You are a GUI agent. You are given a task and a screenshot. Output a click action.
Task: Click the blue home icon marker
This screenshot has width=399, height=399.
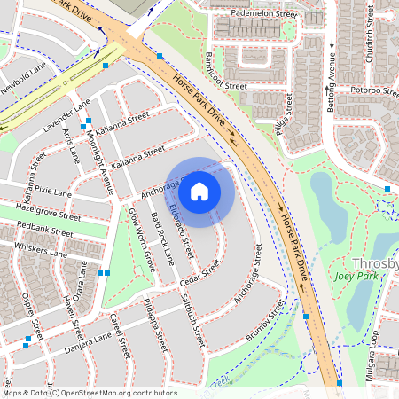[x=199, y=190]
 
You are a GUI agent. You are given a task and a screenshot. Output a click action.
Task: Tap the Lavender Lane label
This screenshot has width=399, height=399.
[x=66, y=116]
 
